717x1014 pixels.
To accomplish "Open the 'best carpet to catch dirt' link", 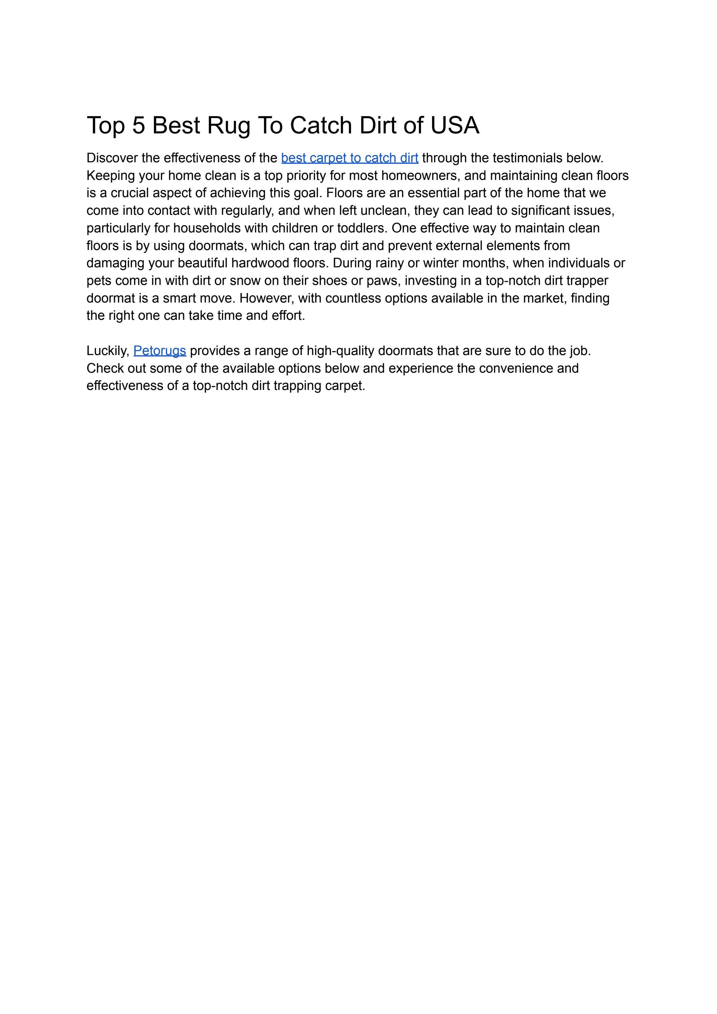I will [349, 158].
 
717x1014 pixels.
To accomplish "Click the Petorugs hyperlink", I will [159, 351].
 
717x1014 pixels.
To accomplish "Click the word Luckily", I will [107, 351].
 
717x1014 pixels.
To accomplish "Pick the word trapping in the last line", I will [297, 386].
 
